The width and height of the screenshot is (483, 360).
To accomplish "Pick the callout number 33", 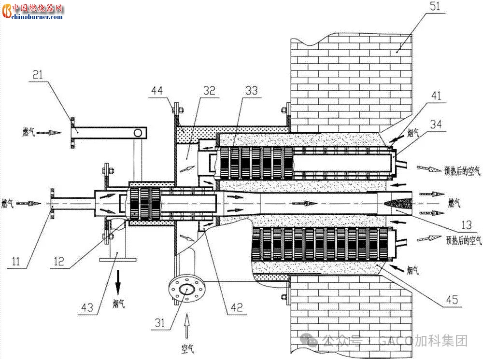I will pos(251,90).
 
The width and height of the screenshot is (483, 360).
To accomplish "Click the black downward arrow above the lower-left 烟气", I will pos(118,280).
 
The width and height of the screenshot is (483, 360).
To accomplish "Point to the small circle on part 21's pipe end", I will pos(138,133).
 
